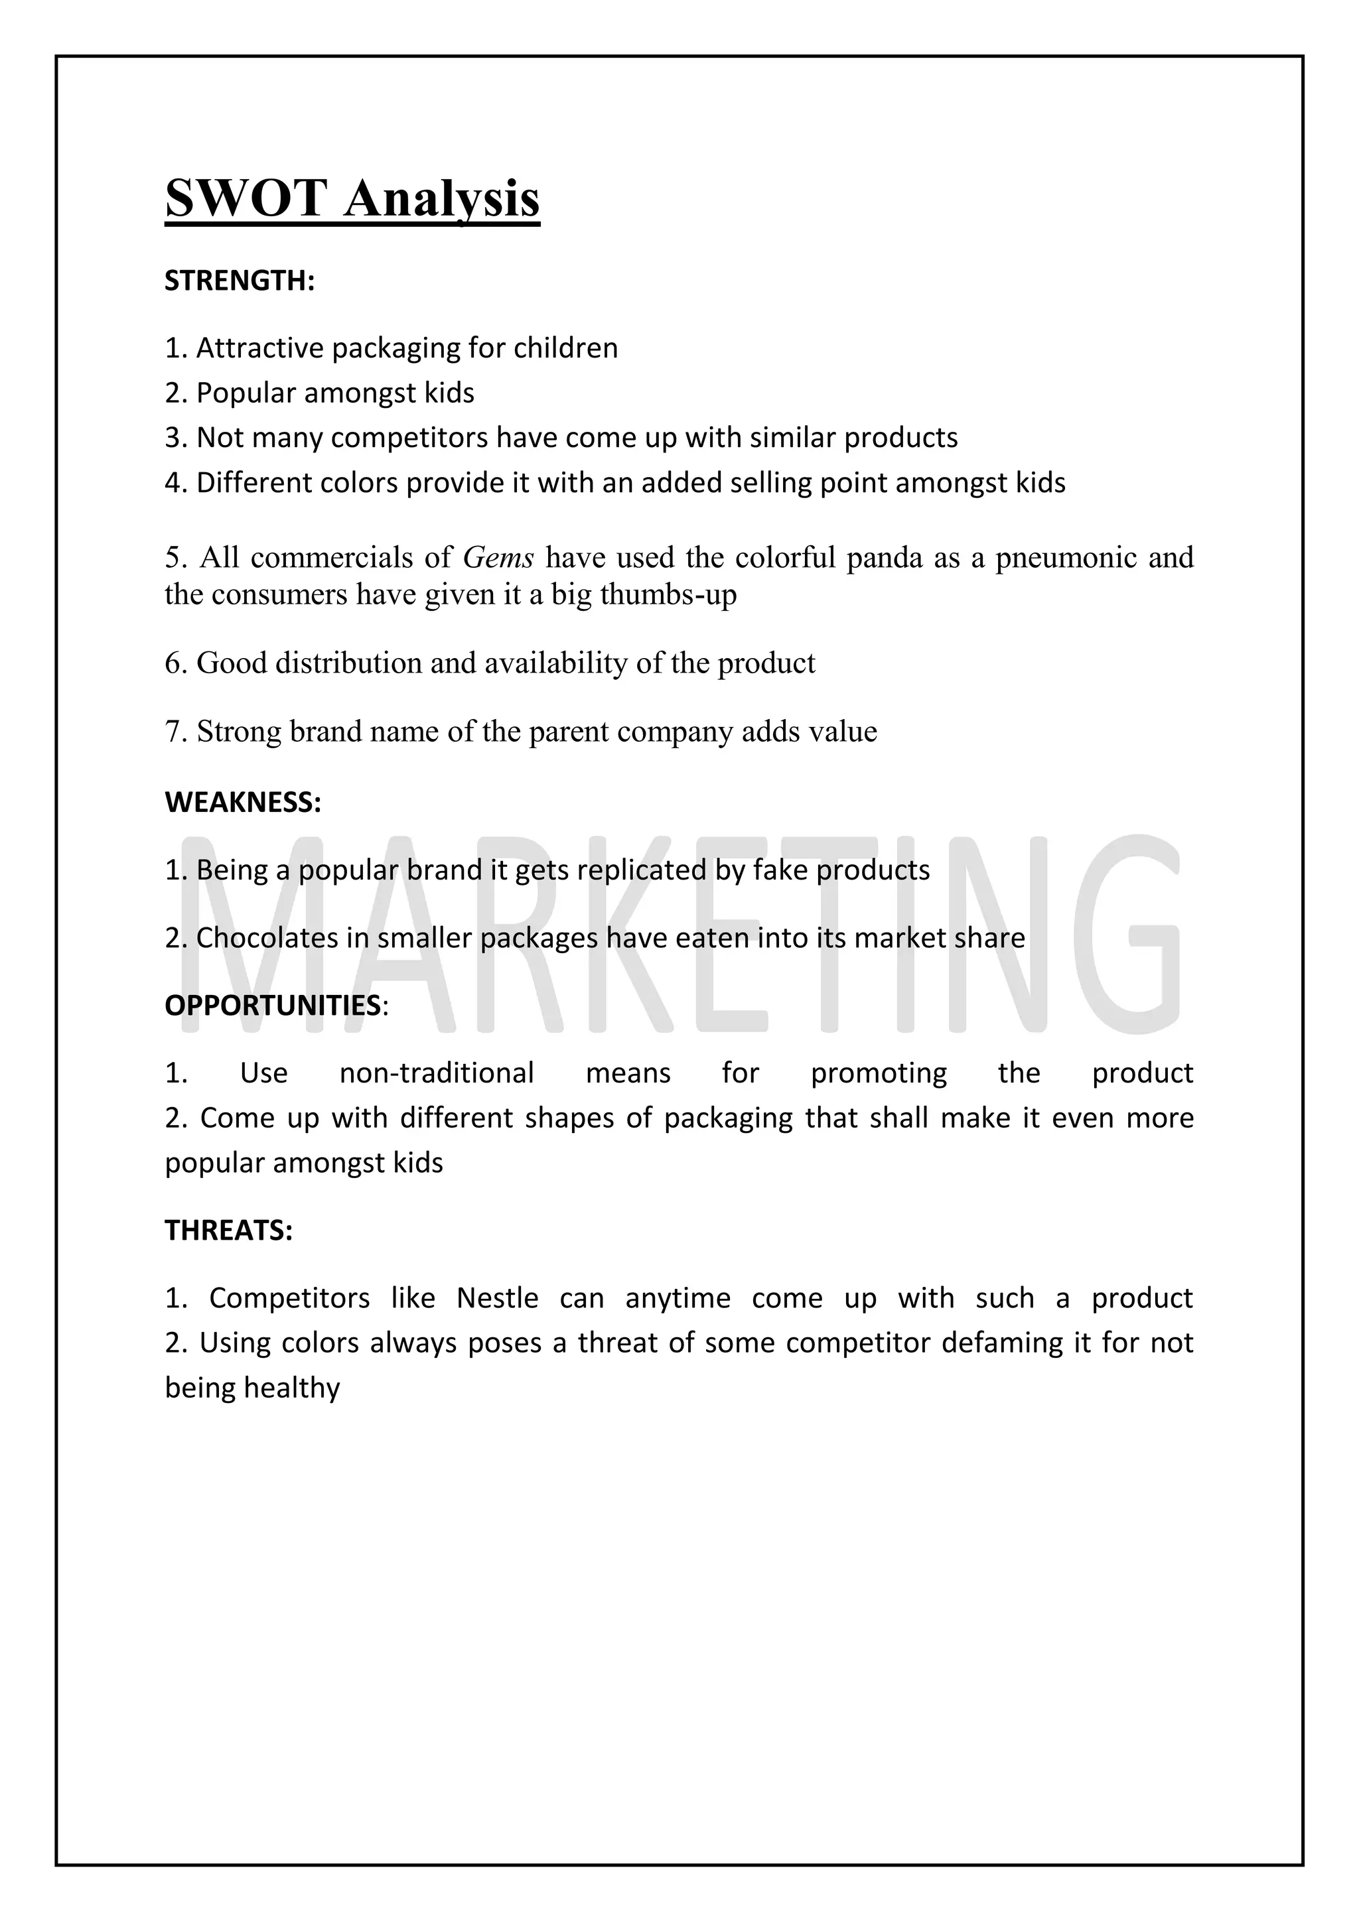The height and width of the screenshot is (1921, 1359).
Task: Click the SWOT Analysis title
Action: coord(352,198)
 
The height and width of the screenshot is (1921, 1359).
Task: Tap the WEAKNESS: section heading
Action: coord(243,803)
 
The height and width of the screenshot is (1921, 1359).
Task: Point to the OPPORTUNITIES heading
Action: coord(273,1005)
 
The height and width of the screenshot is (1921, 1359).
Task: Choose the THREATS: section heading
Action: coord(228,1230)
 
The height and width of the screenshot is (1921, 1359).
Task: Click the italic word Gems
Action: coord(498,557)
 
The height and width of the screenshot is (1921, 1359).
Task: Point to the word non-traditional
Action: coord(436,1073)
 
